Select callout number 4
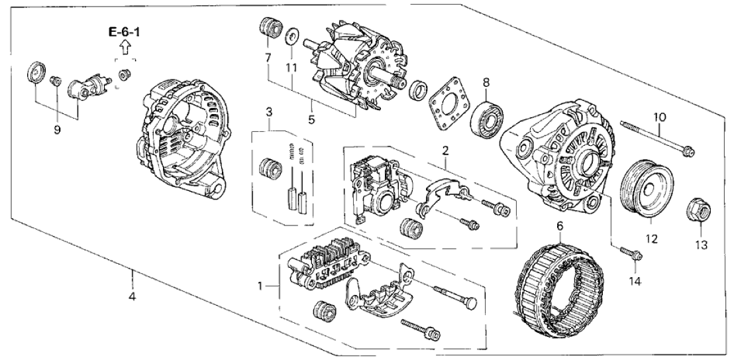(x=132, y=296)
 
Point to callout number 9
(x=57, y=130)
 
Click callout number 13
(x=701, y=245)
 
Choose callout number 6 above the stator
(x=560, y=227)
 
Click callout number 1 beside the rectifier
(x=260, y=286)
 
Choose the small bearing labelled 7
(x=268, y=29)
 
